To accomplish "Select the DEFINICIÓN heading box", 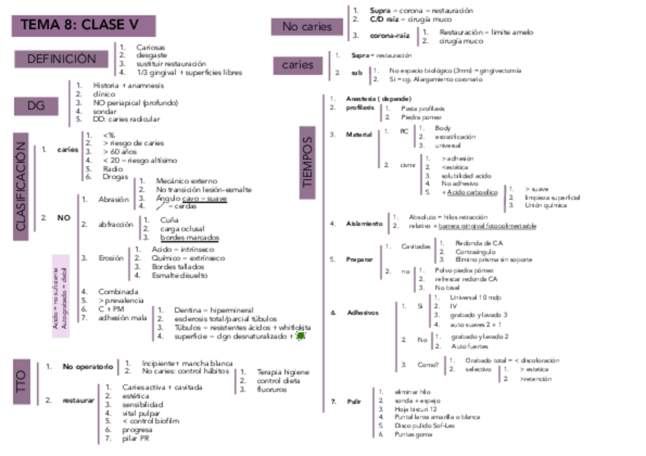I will pyautogui.click(x=62, y=59).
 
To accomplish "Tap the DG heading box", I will pyautogui.click(x=37, y=105).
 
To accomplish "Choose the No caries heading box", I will pyautogui.click(x=307, y=27).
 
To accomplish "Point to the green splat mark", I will pyautogui.click(x=300, y=335).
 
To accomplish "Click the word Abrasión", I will pyautogui.click(x=114, y=199).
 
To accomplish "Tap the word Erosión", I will pyautogui.click(x=111, y=258).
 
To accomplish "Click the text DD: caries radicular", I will pyautogui.click(x=126, y=120).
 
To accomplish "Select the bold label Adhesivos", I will pyautogui.click(x=362, y=312).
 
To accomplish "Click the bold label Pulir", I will pyautogui.click(x=353, y=400).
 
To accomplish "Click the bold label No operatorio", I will pyautogui.click(x=88, y=366).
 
